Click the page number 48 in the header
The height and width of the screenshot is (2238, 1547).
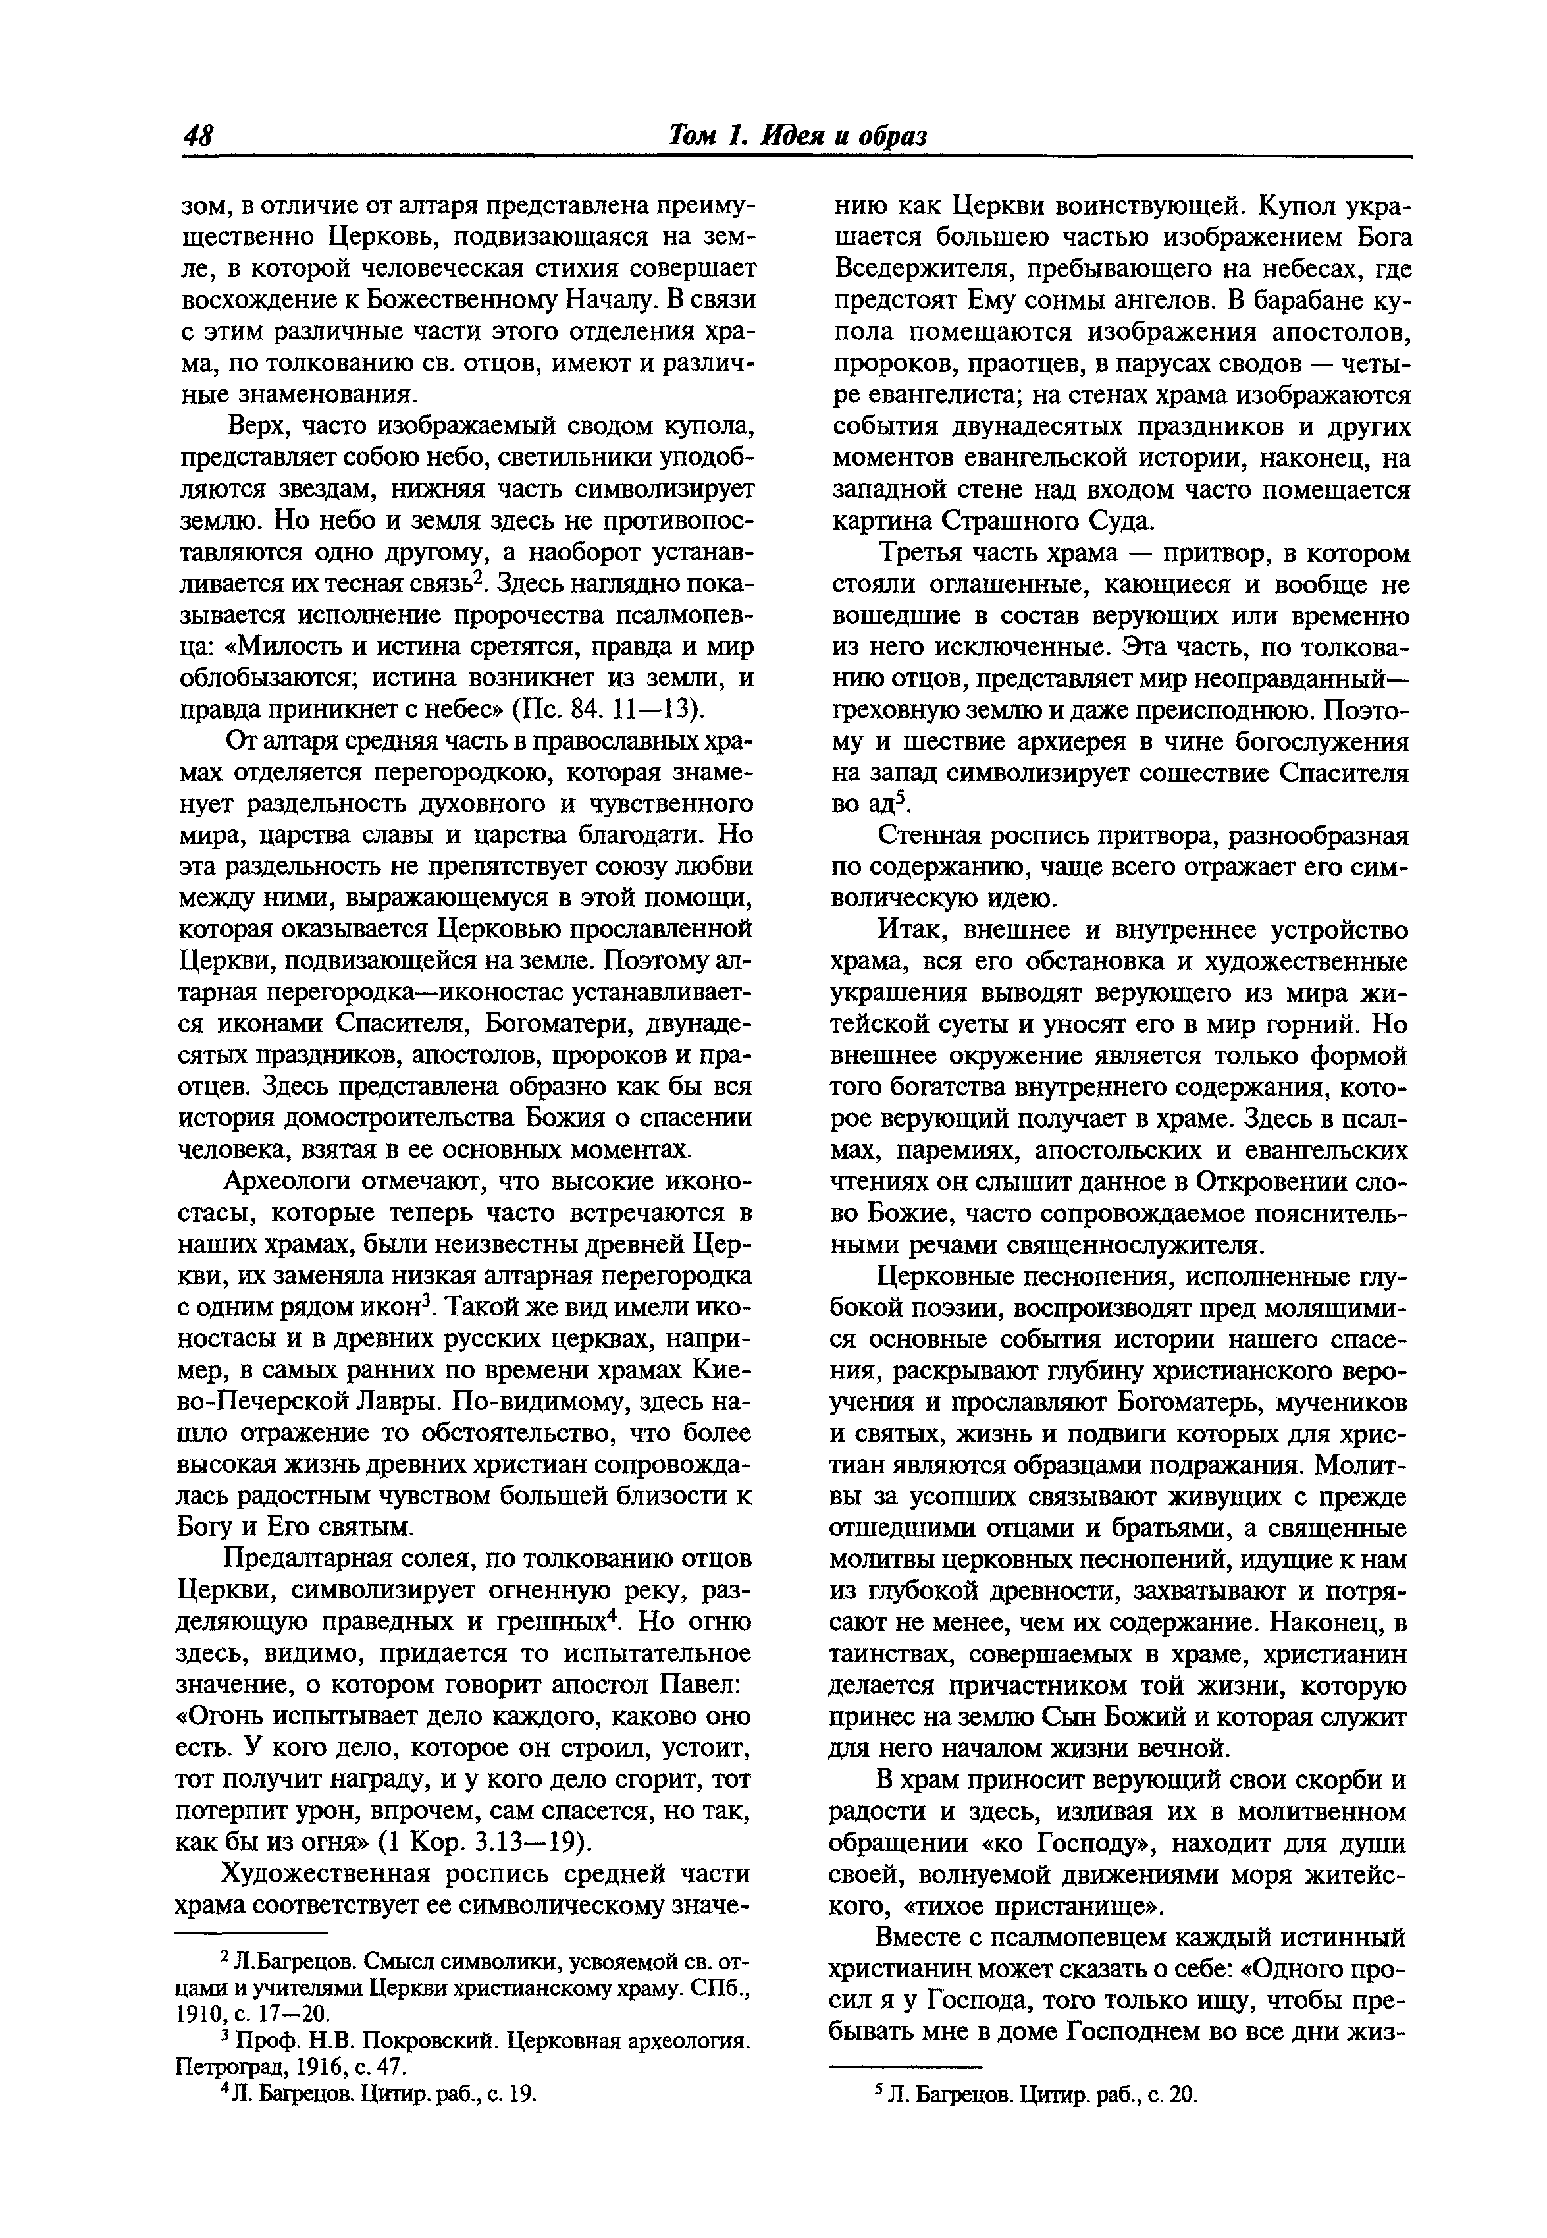pos(201,135)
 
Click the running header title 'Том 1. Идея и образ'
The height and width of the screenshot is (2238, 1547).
pos(798,135)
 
